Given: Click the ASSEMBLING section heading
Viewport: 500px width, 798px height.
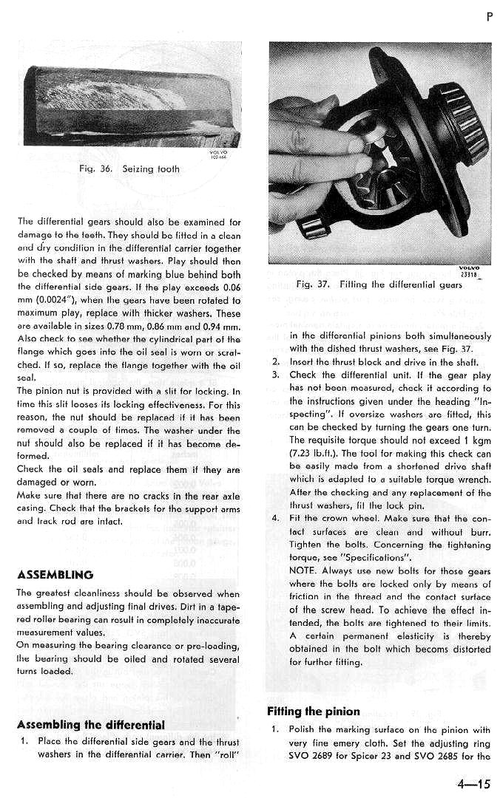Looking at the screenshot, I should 55,574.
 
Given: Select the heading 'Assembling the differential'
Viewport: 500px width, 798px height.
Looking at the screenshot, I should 90,724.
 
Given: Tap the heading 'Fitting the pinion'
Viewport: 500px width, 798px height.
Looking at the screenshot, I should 313,712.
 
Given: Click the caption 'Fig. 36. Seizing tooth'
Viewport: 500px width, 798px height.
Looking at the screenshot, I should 129,168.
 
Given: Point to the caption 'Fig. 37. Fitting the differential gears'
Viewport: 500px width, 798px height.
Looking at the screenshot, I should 379,284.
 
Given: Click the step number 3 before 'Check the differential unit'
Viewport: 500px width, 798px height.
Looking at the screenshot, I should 274,375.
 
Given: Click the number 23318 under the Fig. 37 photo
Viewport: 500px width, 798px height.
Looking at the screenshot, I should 468,275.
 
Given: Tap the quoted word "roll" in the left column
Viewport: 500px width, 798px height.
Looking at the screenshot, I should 226,754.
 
